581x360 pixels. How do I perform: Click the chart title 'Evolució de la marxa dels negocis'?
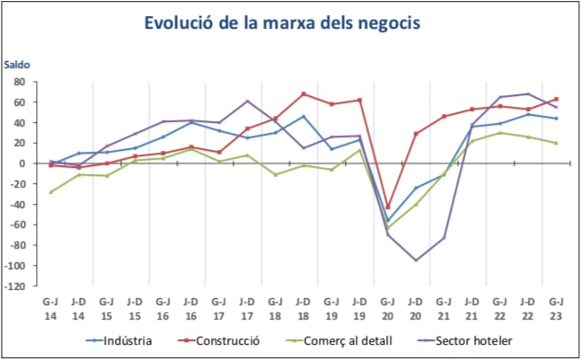(290, 23)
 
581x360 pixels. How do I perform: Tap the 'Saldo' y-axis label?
(18, 66)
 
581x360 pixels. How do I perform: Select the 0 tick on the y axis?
(21, 164)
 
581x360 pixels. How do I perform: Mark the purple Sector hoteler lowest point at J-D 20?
(416, 260)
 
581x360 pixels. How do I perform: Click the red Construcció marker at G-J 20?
(387, 207)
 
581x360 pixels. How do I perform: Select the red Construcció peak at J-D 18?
(304, 93)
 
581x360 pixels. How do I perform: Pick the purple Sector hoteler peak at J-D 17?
(247, 101)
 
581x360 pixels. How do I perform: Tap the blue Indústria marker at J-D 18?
(304, 116)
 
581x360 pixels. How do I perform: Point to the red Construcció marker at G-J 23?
(556, 99)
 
